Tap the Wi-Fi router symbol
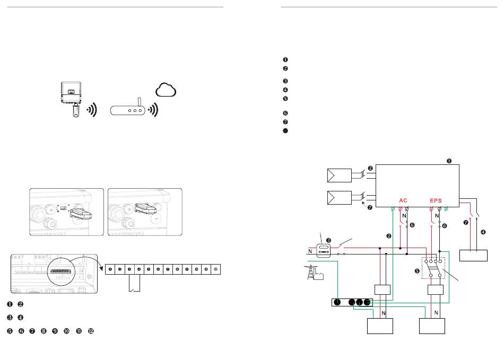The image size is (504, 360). click(128, 111)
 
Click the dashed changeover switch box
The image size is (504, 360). click(433, 268)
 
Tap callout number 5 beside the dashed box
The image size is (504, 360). click(418, 270)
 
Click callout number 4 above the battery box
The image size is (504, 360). click(483, 231)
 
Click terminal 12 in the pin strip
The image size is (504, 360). click(215, 269)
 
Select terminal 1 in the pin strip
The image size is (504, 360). click(110, 269)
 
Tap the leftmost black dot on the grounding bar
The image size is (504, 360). click(337, 302)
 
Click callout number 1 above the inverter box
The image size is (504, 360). click(449, 160)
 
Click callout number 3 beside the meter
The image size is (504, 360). click(328, 240)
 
